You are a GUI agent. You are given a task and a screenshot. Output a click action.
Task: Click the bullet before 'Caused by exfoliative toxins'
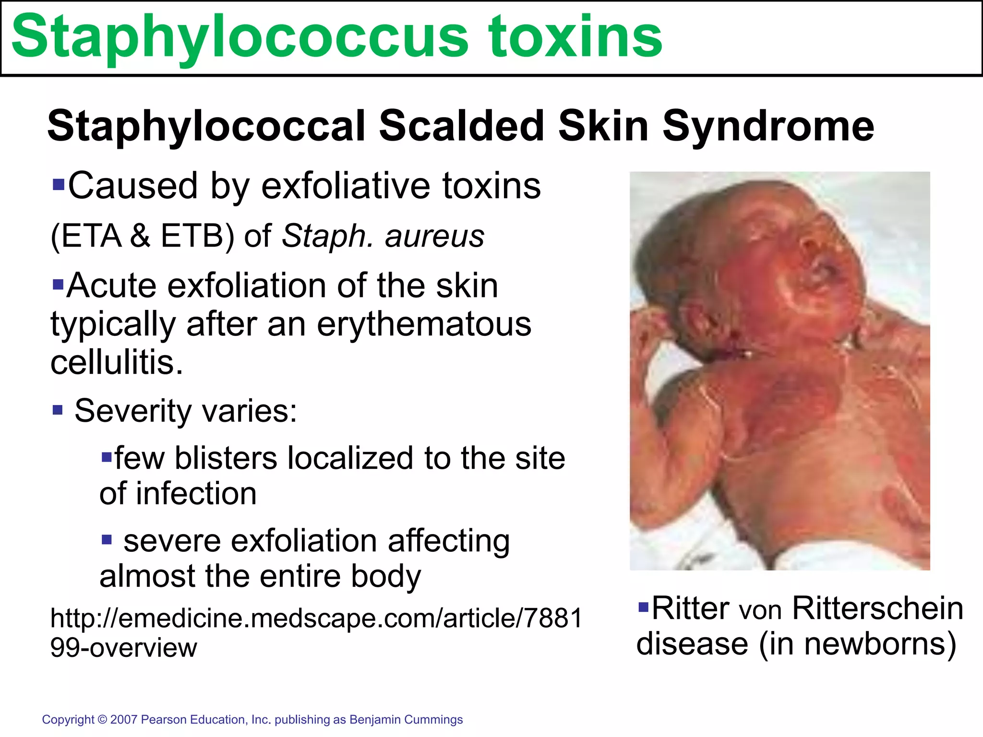click(x=58, y=184)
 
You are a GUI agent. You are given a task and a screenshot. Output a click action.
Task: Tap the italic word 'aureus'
click(x=434, y=236)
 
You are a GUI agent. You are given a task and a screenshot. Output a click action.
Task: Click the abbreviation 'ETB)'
click(x=197, y=236)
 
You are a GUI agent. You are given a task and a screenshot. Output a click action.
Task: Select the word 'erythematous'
click(x=424, y=324)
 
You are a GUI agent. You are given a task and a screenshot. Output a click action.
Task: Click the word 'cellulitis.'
click(x=117, y=362)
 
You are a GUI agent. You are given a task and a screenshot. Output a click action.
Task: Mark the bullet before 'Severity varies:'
click(x=58, y=410)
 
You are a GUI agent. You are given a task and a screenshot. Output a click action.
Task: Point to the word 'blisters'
click(x=226, y=458)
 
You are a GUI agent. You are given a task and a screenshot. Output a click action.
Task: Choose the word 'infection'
click(x=196, y=494)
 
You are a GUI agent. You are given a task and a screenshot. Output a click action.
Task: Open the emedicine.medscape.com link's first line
click(x=316, y=618)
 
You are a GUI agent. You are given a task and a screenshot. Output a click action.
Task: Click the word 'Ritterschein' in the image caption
click(x=877, y=608)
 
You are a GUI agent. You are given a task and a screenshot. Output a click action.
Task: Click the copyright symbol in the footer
click(x=102, y=720)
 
